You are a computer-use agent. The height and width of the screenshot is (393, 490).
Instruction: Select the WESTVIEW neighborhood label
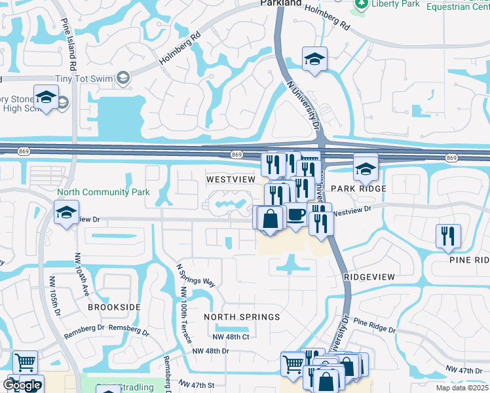click(229, 179)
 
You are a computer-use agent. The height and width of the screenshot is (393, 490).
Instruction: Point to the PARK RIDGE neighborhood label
click(358, 189)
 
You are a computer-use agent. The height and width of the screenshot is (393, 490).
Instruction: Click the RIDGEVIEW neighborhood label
click(369, 277)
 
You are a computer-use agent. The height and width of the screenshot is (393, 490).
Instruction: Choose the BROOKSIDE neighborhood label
click(114, 307)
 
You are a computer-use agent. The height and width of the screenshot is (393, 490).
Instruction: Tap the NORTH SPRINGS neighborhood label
click(242, 317)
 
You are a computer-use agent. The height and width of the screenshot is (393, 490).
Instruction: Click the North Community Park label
click(104, 193)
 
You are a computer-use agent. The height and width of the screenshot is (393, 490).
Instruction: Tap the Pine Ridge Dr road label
click(375, 325)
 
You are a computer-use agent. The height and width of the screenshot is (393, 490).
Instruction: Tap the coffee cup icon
click(296, 216)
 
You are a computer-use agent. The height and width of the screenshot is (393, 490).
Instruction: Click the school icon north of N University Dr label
click(314, 60)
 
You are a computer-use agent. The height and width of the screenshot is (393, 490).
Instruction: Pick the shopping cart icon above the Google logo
click(25, 362)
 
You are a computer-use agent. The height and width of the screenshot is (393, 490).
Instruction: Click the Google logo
click(22, 385)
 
